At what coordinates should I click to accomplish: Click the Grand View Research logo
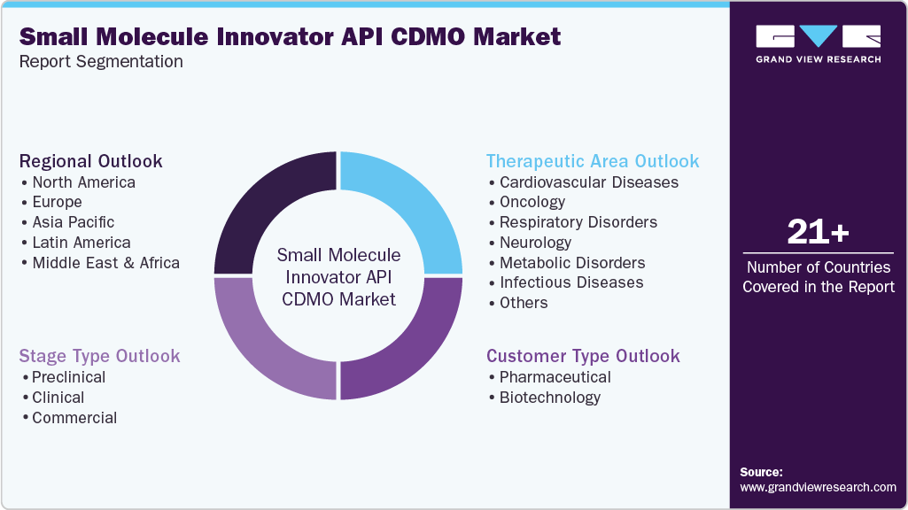pyautogui.click(x=818, y=43)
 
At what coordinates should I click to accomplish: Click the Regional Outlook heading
pyautogui.click(x=91, y=161)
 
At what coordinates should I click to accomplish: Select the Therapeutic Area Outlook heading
pyautogui.click(x=593, y=161)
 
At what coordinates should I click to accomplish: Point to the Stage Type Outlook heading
pyautogui.click(x=100, y=356)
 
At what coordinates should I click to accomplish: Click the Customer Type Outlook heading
pyautogui.click(x=583, y=356)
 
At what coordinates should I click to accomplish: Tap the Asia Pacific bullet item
pyautogui.click(x=73, y=222)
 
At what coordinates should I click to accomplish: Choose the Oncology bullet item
pyautogui.click(x=532, y=202)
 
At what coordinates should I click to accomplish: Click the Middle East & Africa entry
pyautogui.click(x=105, y=263)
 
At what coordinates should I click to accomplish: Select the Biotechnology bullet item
pyautogui.click(x=549, y=398)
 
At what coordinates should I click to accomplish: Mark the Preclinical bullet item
pyautogui.click(x=68, y=377)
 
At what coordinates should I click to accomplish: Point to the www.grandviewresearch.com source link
pyautogui.click(x=818, y=487)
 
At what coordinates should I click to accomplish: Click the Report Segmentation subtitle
pyautogui.click(x=101, y=62)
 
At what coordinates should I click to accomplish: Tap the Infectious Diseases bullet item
pyautogui.click(x=570, y=282)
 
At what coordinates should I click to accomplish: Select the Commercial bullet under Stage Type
pyautogui.click(x=74, y=418)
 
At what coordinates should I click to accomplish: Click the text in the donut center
pyautogui.click(x=338, y=276)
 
